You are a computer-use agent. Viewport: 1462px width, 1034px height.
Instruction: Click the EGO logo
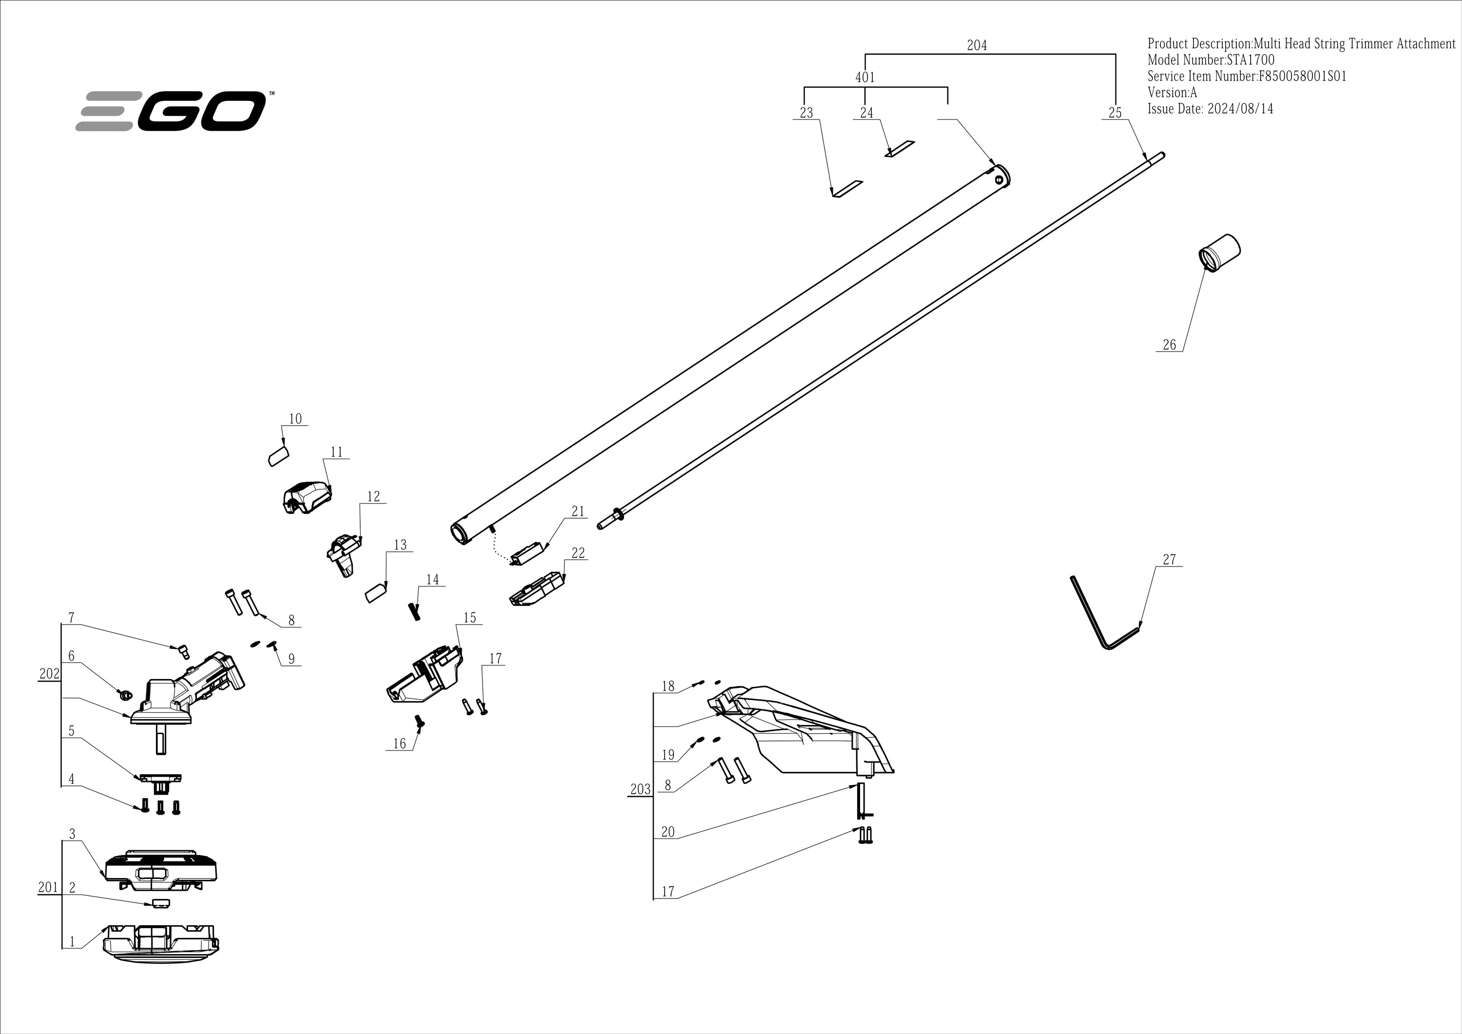tap(171, 111)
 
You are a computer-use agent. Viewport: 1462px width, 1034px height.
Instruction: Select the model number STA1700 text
tap(1211, 60)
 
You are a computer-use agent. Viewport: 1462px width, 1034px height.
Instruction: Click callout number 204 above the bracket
tap(977, 45)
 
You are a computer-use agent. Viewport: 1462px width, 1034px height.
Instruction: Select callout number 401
tap(865, 77)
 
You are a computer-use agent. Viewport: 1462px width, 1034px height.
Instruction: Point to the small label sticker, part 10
tap(278, 456)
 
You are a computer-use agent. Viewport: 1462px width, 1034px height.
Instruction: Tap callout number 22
tap(578, 552)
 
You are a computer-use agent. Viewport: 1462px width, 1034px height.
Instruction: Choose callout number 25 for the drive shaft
tap(1115, 113)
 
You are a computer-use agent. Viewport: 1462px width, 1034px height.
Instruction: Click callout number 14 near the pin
tap(432, 580)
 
